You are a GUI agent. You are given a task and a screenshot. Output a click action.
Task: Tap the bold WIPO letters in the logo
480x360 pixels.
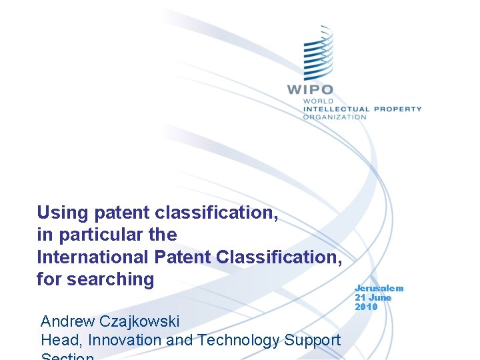(x=310, y=90)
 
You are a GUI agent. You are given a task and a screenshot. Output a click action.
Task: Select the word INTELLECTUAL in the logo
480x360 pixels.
(x=336, y=109)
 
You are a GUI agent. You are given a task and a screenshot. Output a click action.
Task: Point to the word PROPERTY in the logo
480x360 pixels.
(x=397, y=109)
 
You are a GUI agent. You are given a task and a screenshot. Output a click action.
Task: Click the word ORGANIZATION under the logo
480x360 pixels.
(x=335, y=117)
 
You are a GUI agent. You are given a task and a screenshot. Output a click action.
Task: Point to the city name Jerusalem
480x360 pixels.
(x=379, y=288)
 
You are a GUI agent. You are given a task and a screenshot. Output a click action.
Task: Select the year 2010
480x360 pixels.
(x=366, y=307)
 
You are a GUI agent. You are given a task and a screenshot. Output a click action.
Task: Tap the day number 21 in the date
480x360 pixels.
(x=360, y=297)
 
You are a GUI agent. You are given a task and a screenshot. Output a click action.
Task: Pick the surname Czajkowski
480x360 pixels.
(x=140, y=321)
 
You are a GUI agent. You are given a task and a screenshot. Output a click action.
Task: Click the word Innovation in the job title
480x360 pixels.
(x=125, y=340)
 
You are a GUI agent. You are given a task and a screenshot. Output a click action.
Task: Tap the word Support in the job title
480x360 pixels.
(x=314, y=340)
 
